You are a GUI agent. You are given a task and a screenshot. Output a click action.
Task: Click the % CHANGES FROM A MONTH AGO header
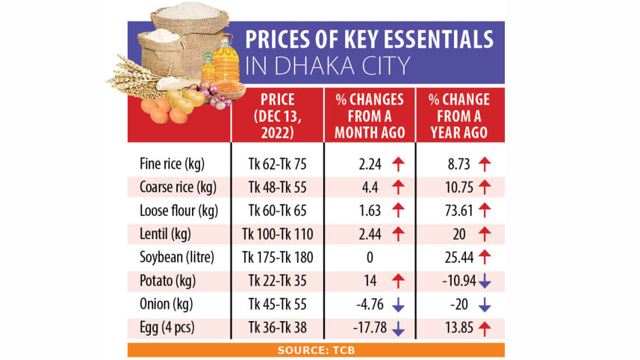pyautogui.click(x=370, y=115)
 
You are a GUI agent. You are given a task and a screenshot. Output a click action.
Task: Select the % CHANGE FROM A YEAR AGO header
pyautogui.click(x=459, y=115)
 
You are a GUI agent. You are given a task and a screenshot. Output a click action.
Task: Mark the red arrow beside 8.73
pyautogui.click(x=484, y=163)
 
